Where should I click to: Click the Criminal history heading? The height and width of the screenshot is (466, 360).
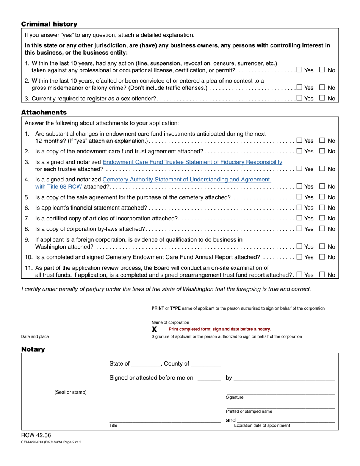(49, 24)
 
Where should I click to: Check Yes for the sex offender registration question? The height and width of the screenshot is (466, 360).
(299, 99)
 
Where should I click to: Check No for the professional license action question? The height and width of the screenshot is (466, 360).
(322, 70)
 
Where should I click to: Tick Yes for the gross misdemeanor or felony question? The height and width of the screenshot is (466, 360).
(299, 88)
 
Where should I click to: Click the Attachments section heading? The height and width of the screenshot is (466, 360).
(44, 113)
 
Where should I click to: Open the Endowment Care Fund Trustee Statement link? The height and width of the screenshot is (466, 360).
(192, 162)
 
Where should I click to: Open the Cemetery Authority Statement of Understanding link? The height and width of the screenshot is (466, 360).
(186, 180)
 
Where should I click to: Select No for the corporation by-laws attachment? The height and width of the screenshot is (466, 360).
(322, 228)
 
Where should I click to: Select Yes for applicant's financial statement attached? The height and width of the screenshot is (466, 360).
(299, 208)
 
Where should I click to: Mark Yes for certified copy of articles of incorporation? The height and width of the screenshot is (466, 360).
(299, 218)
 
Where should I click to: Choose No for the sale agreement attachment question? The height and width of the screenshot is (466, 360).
(322, 197)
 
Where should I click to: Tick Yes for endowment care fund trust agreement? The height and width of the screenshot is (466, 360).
(299, 151)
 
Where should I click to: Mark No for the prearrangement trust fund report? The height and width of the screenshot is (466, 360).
(322, 275)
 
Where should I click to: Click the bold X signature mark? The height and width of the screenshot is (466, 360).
(154, 329)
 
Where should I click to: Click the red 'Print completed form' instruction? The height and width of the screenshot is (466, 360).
(220, 329)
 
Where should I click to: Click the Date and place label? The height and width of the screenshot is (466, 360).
(35, 336)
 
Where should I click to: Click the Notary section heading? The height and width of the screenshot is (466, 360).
(33, 349)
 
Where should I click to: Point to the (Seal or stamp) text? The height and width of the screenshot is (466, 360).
(70, 392)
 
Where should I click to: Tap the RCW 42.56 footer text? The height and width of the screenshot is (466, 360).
(36, 435)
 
